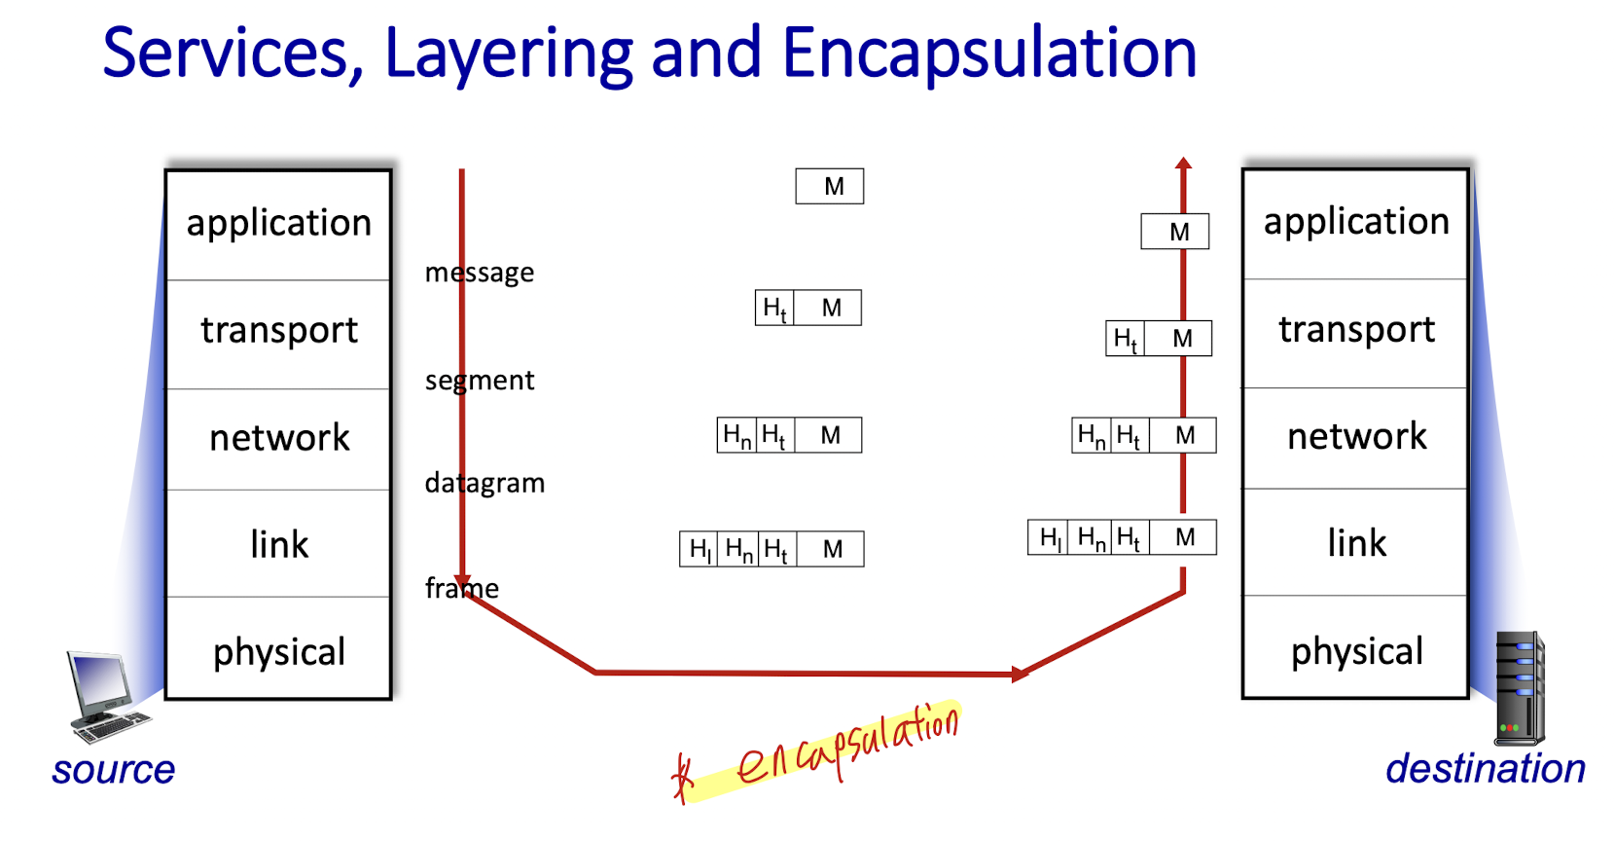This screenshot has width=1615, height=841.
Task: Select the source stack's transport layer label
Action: (279, 331)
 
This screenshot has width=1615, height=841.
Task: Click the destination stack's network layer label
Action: (1357, 436)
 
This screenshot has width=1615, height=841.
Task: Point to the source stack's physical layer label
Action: (279, 653)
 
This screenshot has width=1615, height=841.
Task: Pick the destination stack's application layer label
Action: (1356, 222)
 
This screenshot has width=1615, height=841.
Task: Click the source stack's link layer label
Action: (279, 544)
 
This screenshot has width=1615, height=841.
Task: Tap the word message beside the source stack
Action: (480, 273)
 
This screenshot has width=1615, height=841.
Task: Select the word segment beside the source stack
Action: (480, 381)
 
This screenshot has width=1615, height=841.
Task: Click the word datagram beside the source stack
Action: (484, 483)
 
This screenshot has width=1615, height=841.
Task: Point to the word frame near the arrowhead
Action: (461, 588)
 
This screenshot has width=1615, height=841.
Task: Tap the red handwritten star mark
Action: (682, 778)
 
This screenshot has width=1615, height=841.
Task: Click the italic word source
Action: (113, 770)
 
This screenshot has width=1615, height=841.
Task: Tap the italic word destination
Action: (1486, 769)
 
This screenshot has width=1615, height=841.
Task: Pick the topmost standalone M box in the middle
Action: (829, 186)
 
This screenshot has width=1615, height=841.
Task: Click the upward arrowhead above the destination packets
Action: (1183, 163)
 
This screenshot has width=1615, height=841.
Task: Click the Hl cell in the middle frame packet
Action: (699, 550)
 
